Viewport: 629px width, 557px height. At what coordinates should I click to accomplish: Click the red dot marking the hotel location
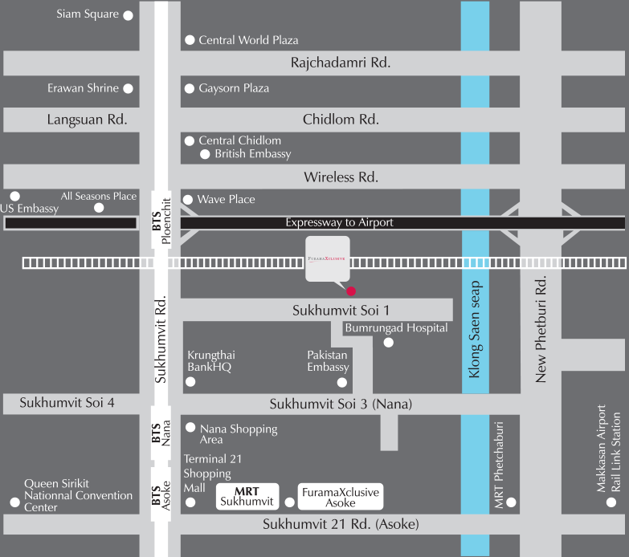pos(350,290)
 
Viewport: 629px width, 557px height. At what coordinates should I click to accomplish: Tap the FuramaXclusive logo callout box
pos(327,259)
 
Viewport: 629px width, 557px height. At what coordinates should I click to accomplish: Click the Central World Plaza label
pos(248,39)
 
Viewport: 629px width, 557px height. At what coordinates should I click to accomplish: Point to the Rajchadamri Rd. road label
pos(340,63)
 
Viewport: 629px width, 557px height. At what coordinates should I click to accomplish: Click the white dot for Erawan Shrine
pos(128,88)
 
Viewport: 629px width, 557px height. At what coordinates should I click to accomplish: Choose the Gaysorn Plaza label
pos(234,88)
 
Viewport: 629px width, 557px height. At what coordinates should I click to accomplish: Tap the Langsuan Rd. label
pos(87,120)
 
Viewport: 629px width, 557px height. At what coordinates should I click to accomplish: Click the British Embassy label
pos(252,153)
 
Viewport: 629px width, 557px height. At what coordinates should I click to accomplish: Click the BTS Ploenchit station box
pos(161,222)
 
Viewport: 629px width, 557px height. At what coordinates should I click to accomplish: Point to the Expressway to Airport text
pos(339,222)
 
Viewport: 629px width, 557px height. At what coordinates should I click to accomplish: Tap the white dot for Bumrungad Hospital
pos(389,343)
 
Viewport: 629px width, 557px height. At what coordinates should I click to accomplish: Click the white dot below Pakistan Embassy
pos(342,382)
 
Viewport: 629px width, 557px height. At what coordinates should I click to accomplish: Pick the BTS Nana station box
pos(161,434)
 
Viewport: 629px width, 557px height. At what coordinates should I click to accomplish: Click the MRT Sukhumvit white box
pos(247,497)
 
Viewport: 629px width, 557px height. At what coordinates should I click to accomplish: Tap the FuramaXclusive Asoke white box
pos(340,497)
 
